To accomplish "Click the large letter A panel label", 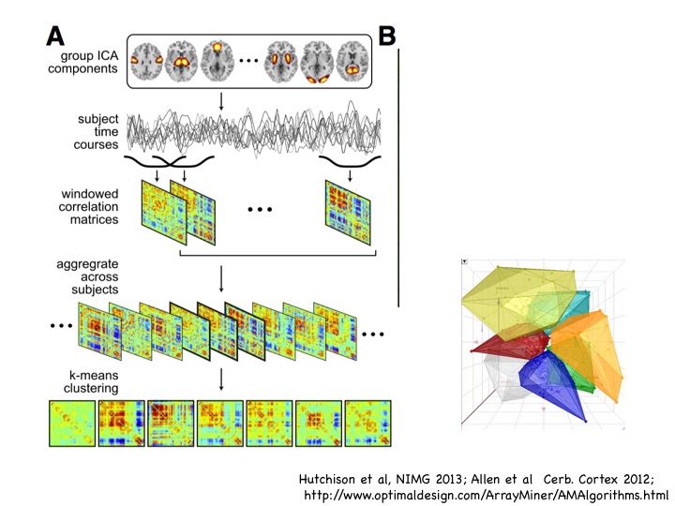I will pyautogui.click(x=55, y=36).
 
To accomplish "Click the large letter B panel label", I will pyautogui.click(x=386, y=37).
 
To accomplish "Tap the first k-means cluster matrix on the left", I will pyautogui.click(x=72, y=423).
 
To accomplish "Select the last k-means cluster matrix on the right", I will pyautogui.click(x=367, y=423).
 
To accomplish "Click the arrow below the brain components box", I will pyautogui.click(x=221, y=100).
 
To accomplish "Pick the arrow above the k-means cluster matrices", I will pyautogui.click(x=221, y=379).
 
